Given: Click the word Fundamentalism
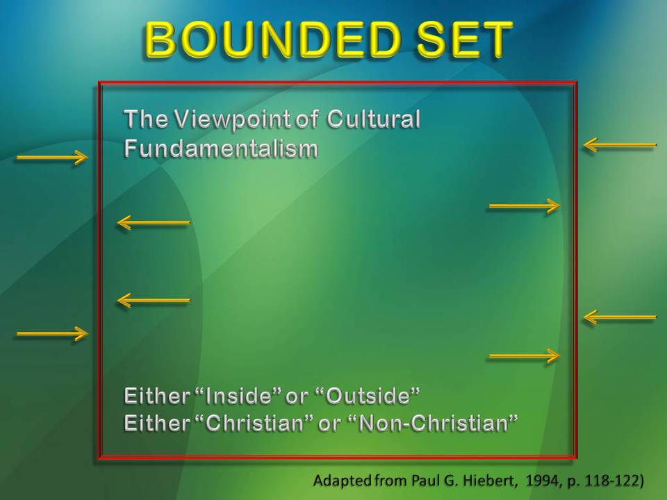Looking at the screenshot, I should click(221, 149).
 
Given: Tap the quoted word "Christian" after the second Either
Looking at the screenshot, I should click(254, 422).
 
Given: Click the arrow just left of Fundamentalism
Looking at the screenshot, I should click(52, 158).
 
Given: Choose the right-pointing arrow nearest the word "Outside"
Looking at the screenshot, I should click(525, 356).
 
